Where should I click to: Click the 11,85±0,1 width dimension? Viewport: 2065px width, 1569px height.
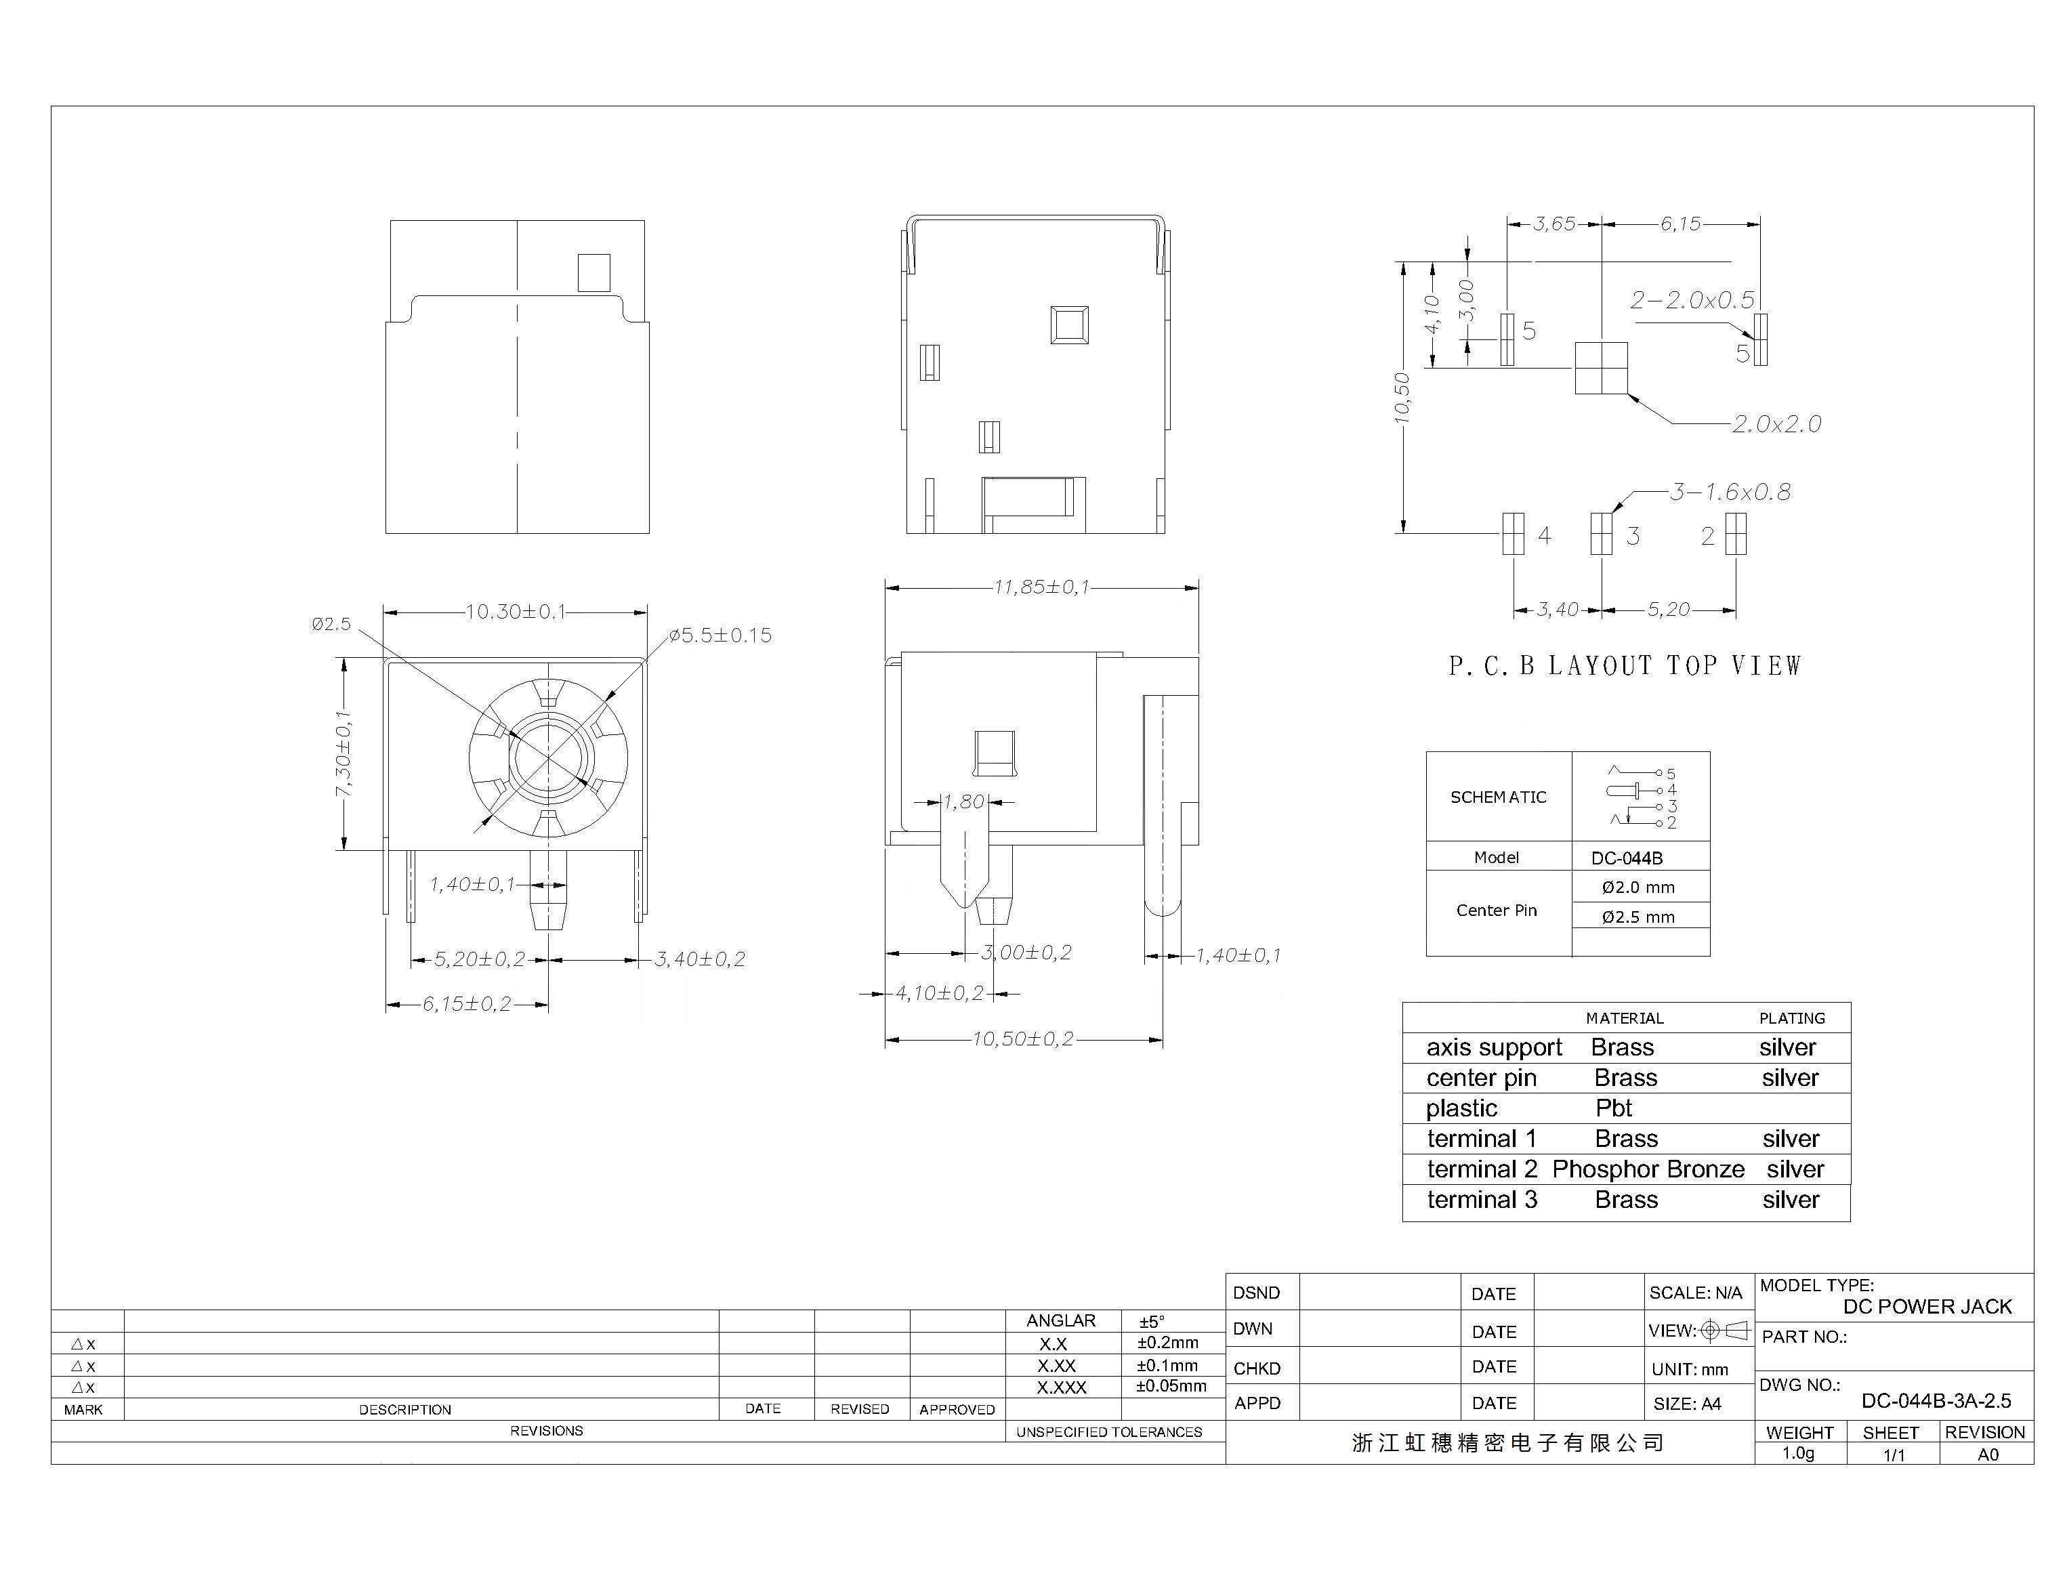coord(1041,587)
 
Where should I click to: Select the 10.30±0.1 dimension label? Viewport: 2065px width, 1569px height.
coord(516,612)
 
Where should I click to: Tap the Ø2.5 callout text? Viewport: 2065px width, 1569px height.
coord(331,623)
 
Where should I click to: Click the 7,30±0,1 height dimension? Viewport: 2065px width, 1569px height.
coord(343,755)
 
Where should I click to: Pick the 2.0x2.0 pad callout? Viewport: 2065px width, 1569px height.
coord(1776,424)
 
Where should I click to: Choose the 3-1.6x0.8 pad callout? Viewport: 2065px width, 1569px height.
coord(1730,493)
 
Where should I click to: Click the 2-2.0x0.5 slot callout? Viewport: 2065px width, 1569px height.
coord(1692,300)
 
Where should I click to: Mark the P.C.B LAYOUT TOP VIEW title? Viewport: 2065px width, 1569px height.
coord(1625,666)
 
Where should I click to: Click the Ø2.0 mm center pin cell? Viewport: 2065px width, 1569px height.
coord(1638,887)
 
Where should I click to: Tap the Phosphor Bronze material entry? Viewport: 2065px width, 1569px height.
coord(1648,1169)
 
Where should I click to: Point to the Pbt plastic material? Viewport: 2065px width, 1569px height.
coord(1614,1108)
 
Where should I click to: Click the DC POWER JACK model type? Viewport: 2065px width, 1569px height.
coord(1927,1307)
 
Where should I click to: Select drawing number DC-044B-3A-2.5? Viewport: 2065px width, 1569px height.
coord(1936,1401)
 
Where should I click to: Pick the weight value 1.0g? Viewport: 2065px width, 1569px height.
coord(1798,1453)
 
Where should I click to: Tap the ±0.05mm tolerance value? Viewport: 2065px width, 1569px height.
coord(1171,1386)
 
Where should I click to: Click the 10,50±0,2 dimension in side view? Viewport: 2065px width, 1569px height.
coord(1023,1039)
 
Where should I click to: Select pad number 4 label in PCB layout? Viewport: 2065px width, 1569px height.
coord(1544,535)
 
